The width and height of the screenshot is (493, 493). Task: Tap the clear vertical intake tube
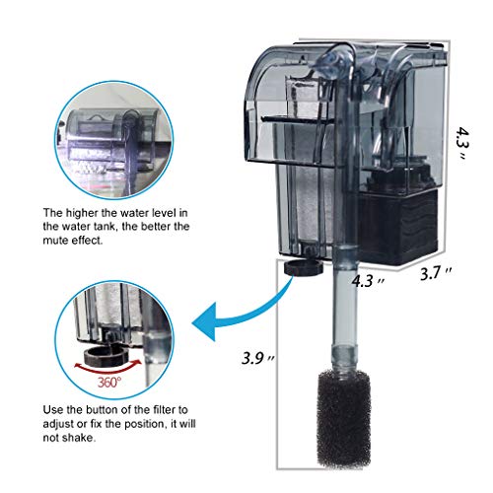[x=346, y=325]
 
